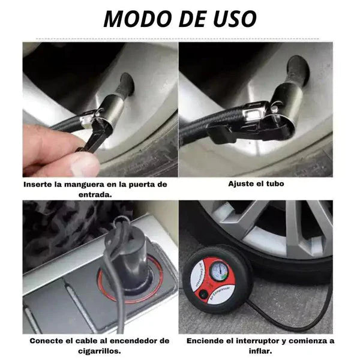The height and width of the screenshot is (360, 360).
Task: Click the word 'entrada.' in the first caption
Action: click(95, 194)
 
